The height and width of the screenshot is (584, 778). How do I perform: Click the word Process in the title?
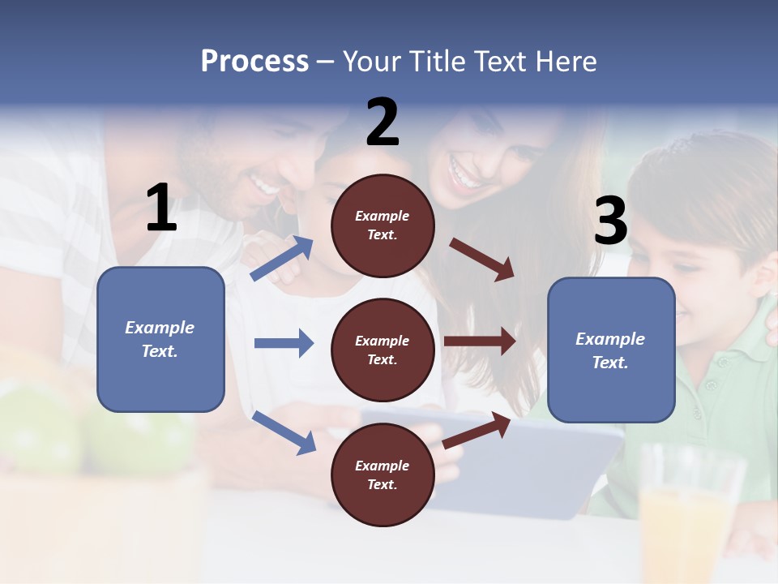254,62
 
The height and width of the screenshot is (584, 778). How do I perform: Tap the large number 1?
161,208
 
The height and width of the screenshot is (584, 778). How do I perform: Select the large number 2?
383,122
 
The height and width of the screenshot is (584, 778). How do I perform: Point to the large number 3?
610,221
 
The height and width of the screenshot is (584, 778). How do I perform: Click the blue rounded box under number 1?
160,339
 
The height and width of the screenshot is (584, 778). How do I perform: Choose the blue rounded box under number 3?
611,350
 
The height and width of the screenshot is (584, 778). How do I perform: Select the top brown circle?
383,225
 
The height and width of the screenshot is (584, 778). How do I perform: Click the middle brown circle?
383,350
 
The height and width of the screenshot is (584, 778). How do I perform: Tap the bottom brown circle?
383,474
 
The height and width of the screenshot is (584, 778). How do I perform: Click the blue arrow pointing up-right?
282,259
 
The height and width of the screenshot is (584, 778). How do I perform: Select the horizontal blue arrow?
284,343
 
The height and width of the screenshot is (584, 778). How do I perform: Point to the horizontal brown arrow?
480,341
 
